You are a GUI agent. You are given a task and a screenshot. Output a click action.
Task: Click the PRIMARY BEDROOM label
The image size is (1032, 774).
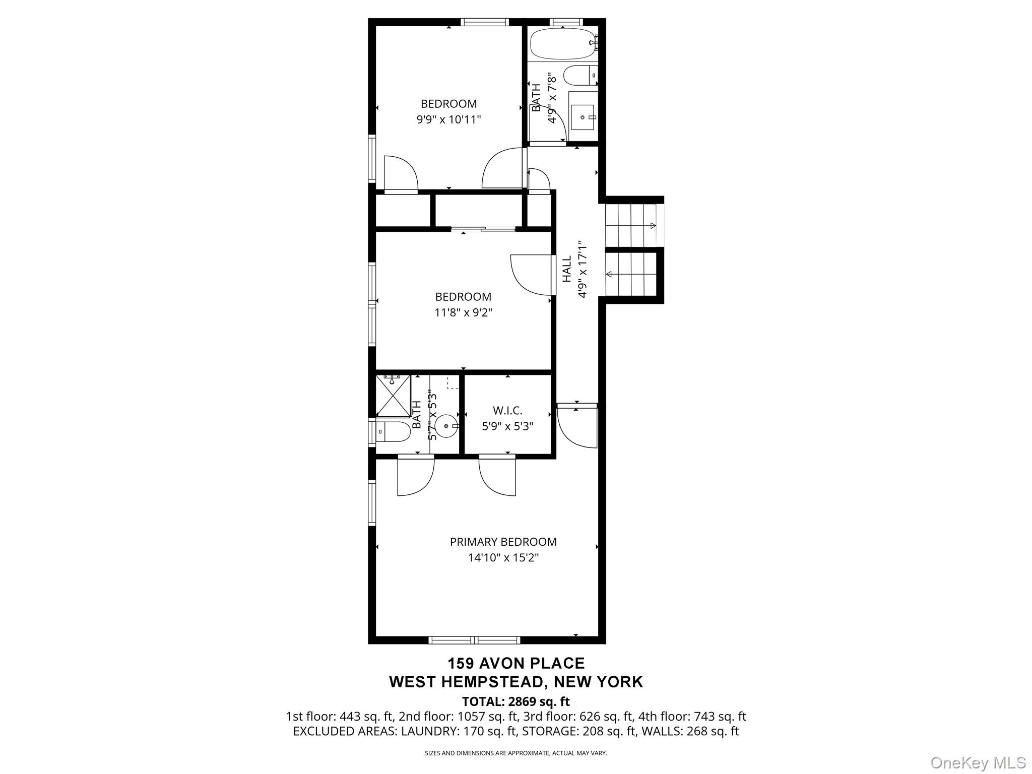coord(503,542)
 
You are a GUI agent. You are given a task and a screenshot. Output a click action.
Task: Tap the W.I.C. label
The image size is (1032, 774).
coord(507,411)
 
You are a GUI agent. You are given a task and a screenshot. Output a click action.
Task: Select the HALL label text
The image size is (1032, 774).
coord(567,269)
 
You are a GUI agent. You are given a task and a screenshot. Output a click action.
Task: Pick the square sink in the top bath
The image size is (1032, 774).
coord(583,117)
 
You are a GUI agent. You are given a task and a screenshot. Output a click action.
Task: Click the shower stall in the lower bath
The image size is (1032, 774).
coord(394,396)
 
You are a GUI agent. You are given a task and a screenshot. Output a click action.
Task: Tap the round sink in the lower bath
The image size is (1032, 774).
coord(446,426)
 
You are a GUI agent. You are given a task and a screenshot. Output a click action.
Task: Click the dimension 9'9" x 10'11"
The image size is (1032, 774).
coord(448,120)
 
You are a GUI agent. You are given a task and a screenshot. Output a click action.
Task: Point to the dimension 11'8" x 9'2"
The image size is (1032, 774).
coord(463,312)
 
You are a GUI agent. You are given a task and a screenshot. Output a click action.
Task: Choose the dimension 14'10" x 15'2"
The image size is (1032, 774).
coord(503,558)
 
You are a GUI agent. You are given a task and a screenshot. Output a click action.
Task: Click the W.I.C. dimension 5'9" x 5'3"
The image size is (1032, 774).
coord(507,426)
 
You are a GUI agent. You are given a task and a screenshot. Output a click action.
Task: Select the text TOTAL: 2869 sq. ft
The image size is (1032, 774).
coord(515,701)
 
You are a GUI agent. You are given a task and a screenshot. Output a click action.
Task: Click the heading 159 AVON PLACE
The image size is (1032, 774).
coord(516,663)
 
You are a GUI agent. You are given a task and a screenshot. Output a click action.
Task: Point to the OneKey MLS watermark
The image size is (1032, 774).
coord(978,762)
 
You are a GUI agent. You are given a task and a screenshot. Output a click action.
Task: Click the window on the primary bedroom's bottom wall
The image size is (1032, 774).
coord(474,640)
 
